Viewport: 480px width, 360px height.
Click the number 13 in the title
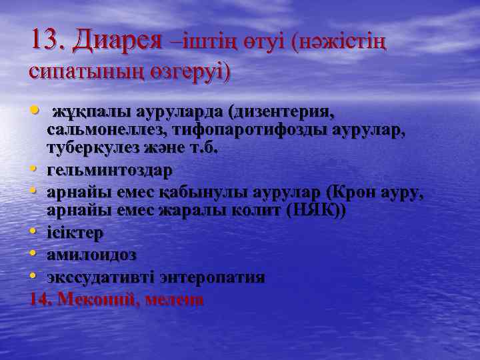click(x=46, y=42)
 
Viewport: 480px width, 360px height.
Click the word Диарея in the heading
click(x=117, y=42)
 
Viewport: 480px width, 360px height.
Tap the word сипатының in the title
click(x=75, y=71)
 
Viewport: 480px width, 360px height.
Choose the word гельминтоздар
click(x=109, y=170)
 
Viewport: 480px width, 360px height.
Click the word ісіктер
click(x=75, y=233)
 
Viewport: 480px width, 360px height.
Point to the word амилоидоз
click(x=92, y=255)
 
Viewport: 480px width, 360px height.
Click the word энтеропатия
click(x=213, y=276)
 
